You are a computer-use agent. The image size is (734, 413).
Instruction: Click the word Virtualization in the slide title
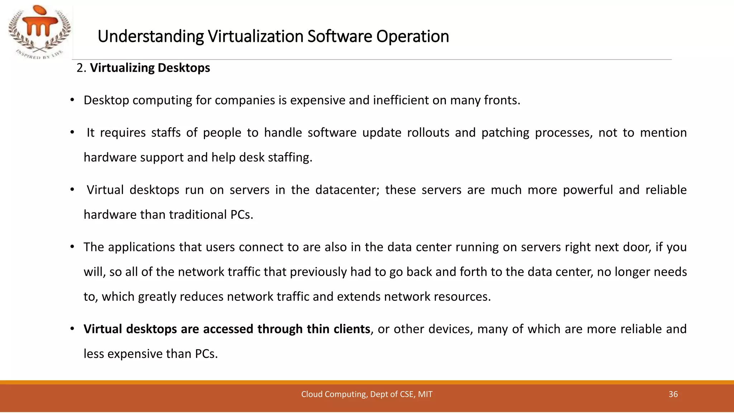[x=256, y=37]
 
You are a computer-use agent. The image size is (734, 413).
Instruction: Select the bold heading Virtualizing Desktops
[x=150, y=68]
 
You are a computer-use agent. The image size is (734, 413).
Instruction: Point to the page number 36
[x=673, y=394]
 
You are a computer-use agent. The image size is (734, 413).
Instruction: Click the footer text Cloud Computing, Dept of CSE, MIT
[x=367, y=394]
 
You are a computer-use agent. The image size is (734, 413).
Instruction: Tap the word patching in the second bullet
[x=505, y=133]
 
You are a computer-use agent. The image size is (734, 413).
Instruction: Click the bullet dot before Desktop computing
[x=72, y=100]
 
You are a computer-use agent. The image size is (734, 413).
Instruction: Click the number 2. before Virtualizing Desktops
[x=81, y=68]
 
